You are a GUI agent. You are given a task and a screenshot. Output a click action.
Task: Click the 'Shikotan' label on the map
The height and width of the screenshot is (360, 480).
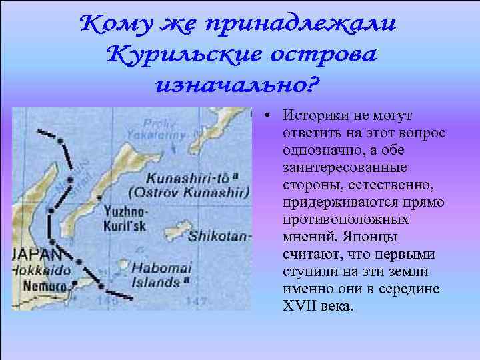tap(219, 236)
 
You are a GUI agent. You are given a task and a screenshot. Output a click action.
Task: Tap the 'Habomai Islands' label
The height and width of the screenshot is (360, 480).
tap(160, 275)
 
